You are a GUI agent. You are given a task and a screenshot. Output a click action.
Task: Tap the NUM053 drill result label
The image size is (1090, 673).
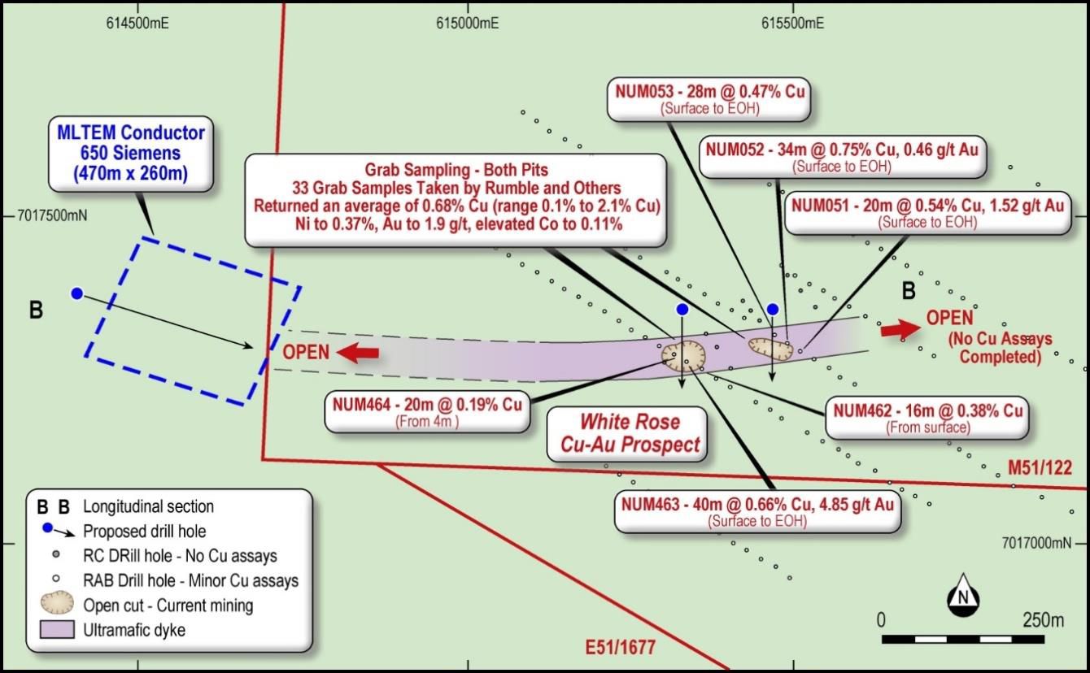(709, 98)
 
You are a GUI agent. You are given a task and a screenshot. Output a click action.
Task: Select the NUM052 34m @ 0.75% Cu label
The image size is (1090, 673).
(842, 157)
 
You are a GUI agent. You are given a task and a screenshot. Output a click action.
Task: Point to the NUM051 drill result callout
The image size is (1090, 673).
(927, 212)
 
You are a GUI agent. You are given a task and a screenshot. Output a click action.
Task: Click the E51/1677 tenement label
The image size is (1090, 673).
(620, 648)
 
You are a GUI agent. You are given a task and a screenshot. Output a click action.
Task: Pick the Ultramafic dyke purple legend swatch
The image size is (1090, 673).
(56, 629)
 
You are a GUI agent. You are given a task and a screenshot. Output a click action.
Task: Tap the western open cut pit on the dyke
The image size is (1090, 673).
(682, 355)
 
